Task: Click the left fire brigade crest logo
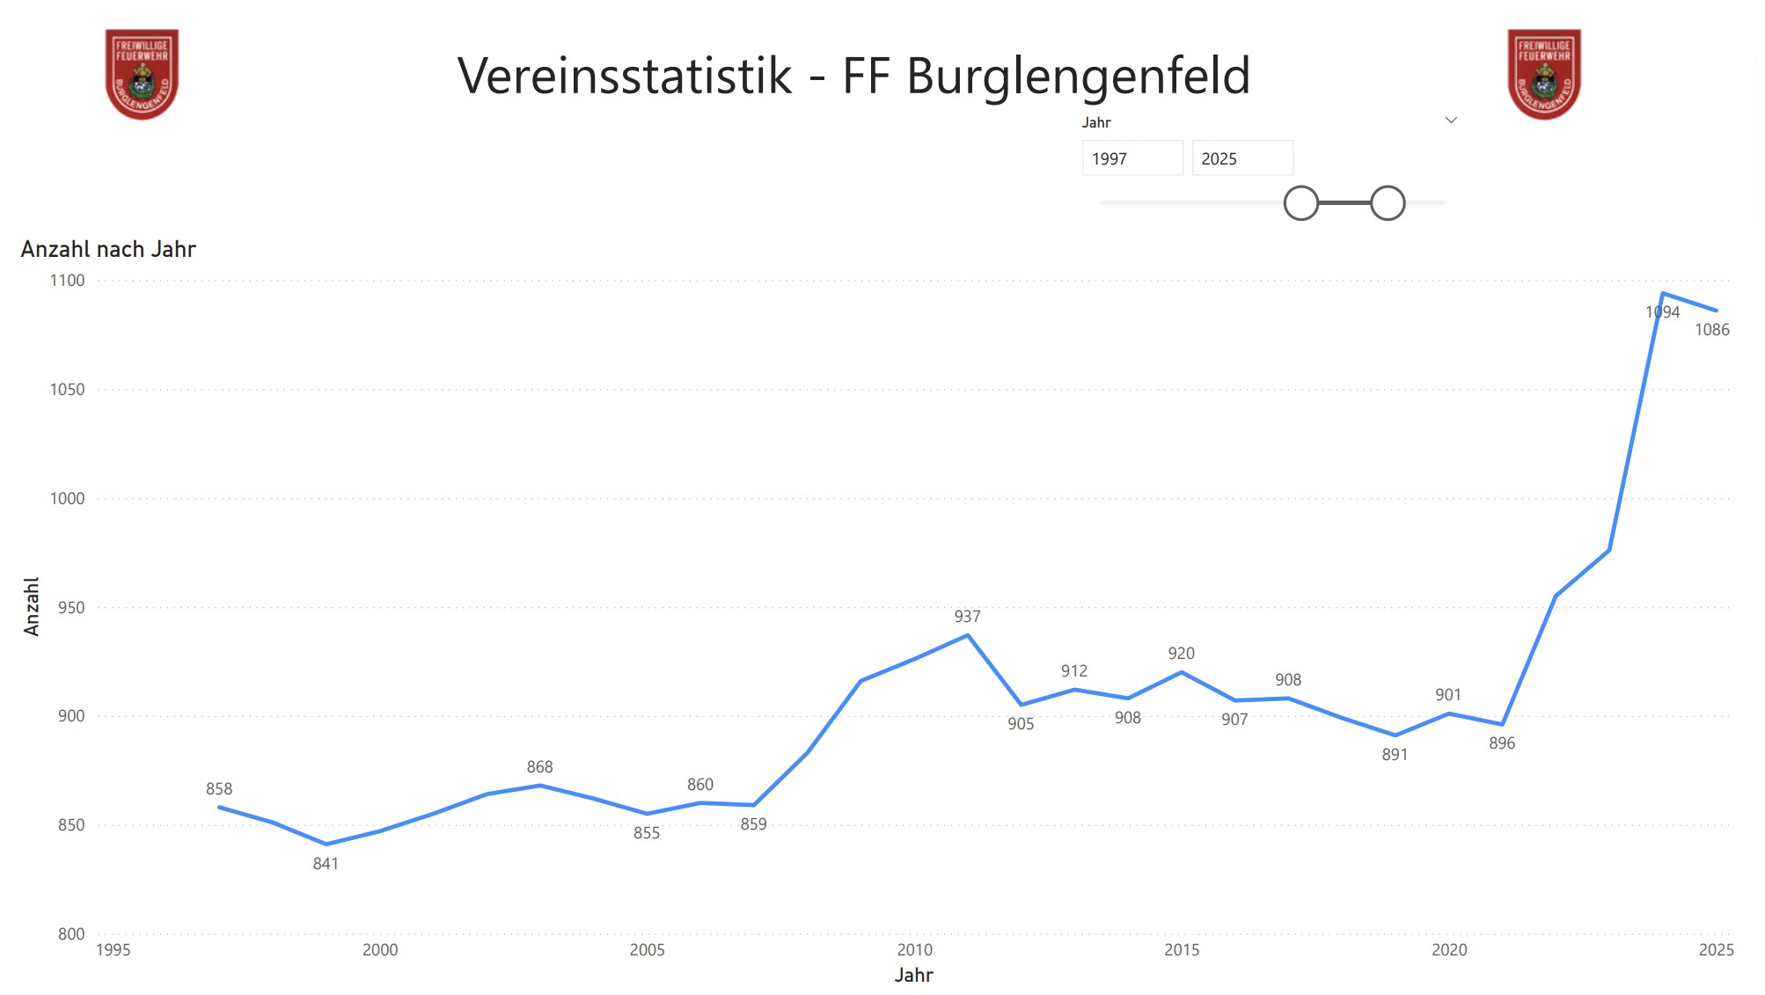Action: [142, 74]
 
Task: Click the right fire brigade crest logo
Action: [1544, 74]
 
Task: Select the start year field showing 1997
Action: [1132, 158]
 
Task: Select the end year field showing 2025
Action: [1241, 158]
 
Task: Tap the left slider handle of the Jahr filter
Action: [1301, 203]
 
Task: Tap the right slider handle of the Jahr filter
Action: [1388, 203]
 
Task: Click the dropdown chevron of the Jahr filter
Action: [1451, 121]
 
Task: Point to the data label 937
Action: [967, 617]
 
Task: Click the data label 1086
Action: [1711, 330]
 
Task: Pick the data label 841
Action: [326, 864]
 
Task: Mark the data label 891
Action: [1395, 755]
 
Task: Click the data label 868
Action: [539, 767]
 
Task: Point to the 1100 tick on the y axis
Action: [67, 281]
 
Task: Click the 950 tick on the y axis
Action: [70, 608]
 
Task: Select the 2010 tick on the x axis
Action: [914, 950]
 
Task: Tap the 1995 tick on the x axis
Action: [113, 950]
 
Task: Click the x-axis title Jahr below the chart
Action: [913, 975]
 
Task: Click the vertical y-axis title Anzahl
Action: [32, 606]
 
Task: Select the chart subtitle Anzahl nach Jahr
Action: [108, 250]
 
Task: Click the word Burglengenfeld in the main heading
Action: [1078, 76]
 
